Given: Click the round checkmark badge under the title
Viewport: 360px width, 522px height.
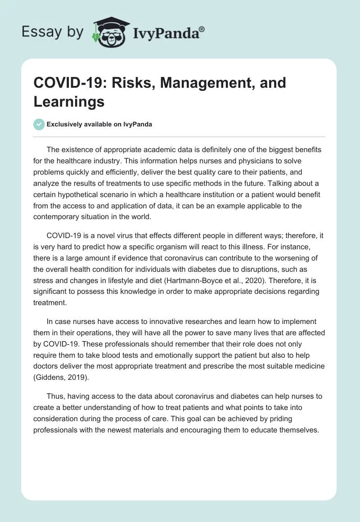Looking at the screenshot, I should (39, 124).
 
